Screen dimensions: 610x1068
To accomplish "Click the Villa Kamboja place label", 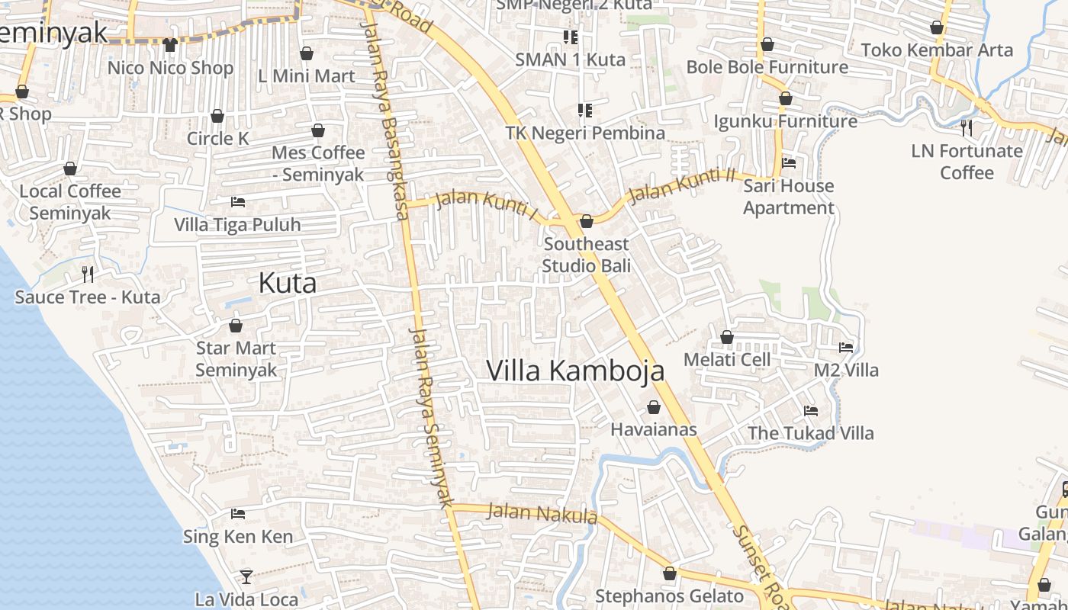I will pyautogui.click(x=575, y=371).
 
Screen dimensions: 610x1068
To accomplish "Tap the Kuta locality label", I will pyautogui.click(x=287, y=283).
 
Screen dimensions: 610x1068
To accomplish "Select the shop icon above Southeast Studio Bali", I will pyautogui.click(x=587, y=222).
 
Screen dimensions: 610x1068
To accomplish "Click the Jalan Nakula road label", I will pyautogui.click(x=542, y=513).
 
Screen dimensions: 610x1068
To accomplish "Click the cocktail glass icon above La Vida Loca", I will pyautogui.click(x=246, y=576).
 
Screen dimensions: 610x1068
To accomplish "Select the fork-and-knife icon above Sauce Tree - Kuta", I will pyautogui.click(x=88, y=274).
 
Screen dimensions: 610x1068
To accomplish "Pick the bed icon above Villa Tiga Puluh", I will pyautogui.click(x=238, y=202).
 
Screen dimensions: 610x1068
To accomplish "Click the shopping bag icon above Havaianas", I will pyautogui.click(x=654, y=407).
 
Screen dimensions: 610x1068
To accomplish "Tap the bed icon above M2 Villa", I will pyautogui.click(x=846, y=348).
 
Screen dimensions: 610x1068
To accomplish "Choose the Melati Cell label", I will pyautogui.click(x=727, y=359).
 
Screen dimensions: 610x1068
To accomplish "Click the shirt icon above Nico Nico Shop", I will pyautogui.click(x=170, y=45).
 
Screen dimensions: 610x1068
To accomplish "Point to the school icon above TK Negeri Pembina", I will pyautogui.click(x=585, y=111).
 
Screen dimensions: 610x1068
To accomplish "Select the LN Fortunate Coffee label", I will pyautogui.click(x=967, y=162).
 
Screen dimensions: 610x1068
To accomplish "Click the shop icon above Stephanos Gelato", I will pyautogui.click(x=670, y=573).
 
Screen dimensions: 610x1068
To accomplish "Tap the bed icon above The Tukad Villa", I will pyautogui.click(x=811, y=410).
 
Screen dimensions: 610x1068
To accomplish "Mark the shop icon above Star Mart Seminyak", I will pyautogui.click(x=236, y=326).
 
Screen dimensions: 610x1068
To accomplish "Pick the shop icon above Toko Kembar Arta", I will pyautogui.click(x=937, y=28).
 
